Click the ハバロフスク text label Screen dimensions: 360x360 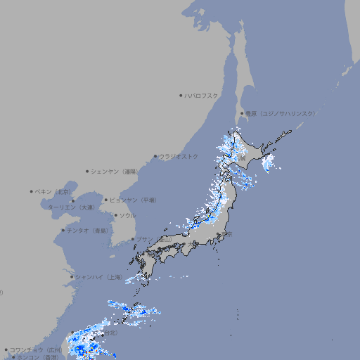(202, 95)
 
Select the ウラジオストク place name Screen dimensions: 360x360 (179, 156)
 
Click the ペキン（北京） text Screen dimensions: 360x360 (53, 191)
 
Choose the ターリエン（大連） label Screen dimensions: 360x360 (71, 207)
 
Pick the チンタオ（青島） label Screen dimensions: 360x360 (88, 230)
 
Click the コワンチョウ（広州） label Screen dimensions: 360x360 (36, 349)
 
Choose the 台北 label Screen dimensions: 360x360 (111, 334)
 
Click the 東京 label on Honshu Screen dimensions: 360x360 (228, 235)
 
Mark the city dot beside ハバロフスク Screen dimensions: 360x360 (181, 95)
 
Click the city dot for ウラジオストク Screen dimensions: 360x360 (155, 156)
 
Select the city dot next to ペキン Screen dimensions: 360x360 (32, 191)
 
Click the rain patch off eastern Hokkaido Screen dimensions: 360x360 (267, 164)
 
